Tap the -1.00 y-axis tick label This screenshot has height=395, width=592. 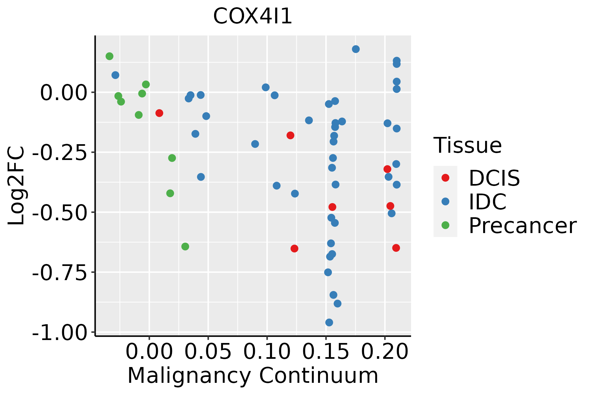(62, 333)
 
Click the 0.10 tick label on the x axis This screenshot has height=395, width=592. (267, 352)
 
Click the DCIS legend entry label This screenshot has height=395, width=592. (494, 178)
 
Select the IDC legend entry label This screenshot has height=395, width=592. (488, 202)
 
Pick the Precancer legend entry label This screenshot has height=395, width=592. (523, 226)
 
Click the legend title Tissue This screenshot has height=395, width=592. (468, 145)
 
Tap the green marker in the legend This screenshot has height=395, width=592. (445, 225)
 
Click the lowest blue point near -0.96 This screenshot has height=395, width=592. (329, 323)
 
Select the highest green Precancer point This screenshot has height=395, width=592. (110, 56)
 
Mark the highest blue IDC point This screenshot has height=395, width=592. (356, 49)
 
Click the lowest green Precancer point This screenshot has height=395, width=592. (185, 247)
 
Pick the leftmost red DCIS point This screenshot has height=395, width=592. (159, 113)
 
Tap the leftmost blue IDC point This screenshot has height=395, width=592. (115, 75)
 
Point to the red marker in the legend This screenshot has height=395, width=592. (445, 178)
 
